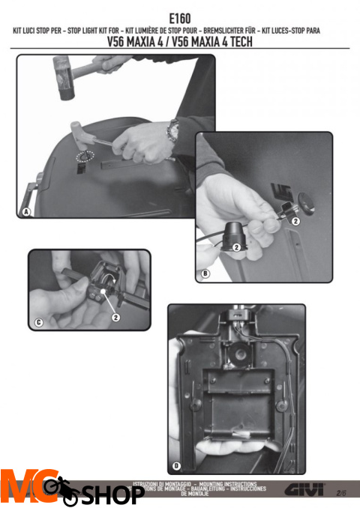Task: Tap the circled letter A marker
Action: [x=25, y=212]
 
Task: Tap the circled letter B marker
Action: [x=205, y=275]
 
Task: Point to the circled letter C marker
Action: [x=38, y=323]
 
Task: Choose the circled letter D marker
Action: [x=176, y=466]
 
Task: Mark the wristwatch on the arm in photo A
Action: [x=173, y=129]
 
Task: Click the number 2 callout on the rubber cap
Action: [x=236, y=247]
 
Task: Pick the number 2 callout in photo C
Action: [x=116, y=317]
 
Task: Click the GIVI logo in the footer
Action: [x=304, y=491]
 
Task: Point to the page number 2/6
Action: [x=342, y=493]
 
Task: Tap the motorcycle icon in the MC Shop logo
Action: [x=61, y=491]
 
